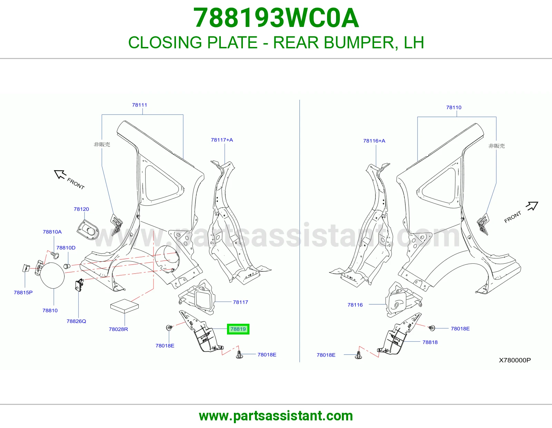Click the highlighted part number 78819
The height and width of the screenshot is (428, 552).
click(238, 329)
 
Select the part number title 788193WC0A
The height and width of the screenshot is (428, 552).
click(276, 18)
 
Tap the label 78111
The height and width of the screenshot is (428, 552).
click(139, 105)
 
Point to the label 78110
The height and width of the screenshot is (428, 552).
click(454, 107)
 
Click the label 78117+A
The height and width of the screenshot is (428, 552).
click(222, 140)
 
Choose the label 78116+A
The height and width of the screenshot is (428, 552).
click(374, 141)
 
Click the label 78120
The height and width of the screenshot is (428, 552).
click(81, 209)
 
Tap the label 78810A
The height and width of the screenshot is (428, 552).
click(52, 232)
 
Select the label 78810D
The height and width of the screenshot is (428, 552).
click(66, 248)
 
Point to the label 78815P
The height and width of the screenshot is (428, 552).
click(23, 293)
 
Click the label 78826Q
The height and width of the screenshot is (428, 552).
click(76, 321)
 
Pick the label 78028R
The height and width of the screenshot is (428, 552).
click(118, 329)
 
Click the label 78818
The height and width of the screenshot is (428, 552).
click(430, 342)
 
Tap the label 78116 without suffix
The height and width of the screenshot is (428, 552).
click(355, 305)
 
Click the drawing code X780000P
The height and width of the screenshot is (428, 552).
click(515, 360)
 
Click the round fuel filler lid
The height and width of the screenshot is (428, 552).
click(52, 275)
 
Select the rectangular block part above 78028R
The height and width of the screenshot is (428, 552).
click(125, 306)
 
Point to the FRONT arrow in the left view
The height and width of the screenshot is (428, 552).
click(60, 174)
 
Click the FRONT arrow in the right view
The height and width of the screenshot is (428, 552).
click(532, 206)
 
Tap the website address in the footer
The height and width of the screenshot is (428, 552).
click(276, 416)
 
